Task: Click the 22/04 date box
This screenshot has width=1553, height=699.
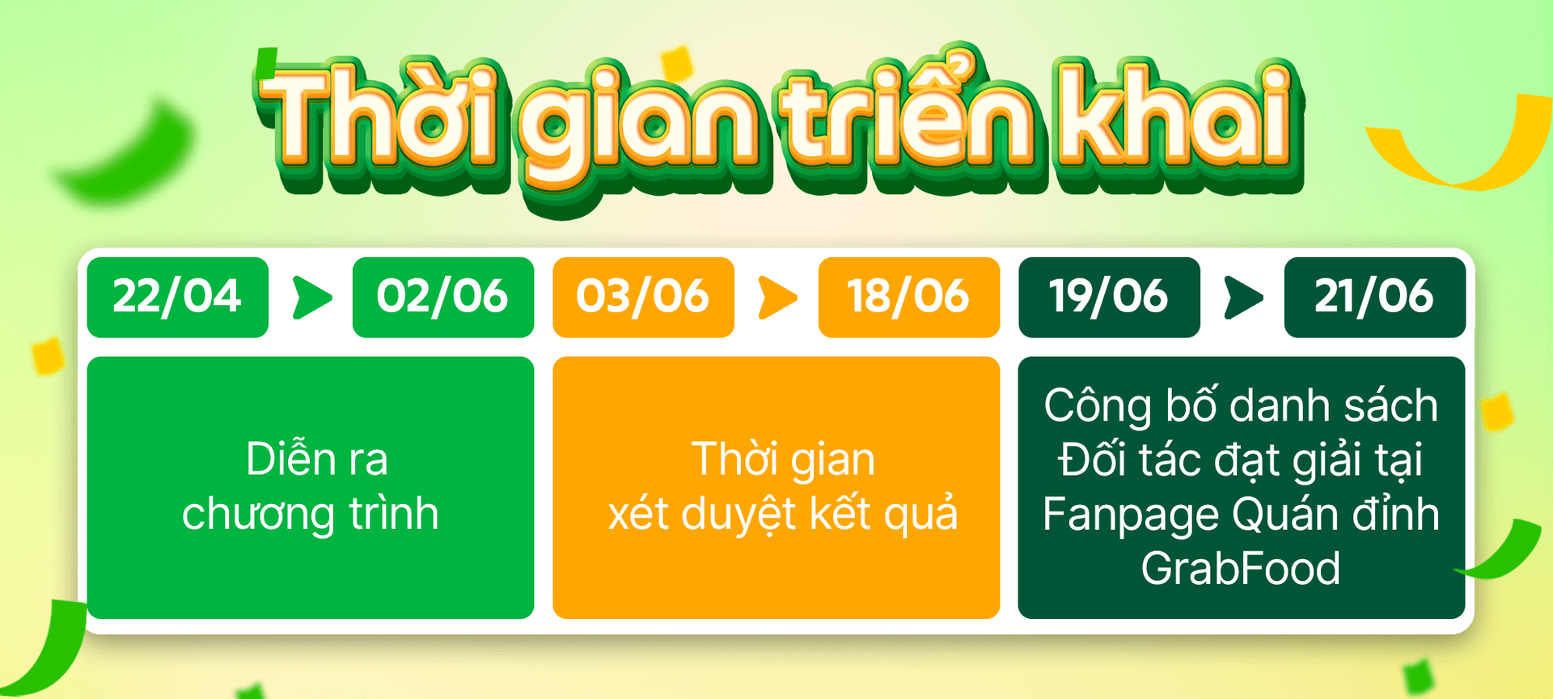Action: pos(178,297)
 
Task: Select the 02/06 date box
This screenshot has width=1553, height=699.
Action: pos(443,297)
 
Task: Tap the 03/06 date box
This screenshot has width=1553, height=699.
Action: pos(643,297)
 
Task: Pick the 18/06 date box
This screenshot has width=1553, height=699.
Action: pos(909,297)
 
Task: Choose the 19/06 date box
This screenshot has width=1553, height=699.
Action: pos(1109,297)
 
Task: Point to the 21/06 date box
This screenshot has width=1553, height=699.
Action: pos(1375,297)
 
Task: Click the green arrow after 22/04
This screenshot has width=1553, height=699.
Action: pos(312,297)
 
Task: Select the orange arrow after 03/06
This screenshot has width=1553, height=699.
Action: pos(778,297)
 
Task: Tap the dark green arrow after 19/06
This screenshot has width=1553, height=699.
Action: pos(1244,297)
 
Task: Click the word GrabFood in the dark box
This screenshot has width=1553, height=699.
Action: pos(1241,568)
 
